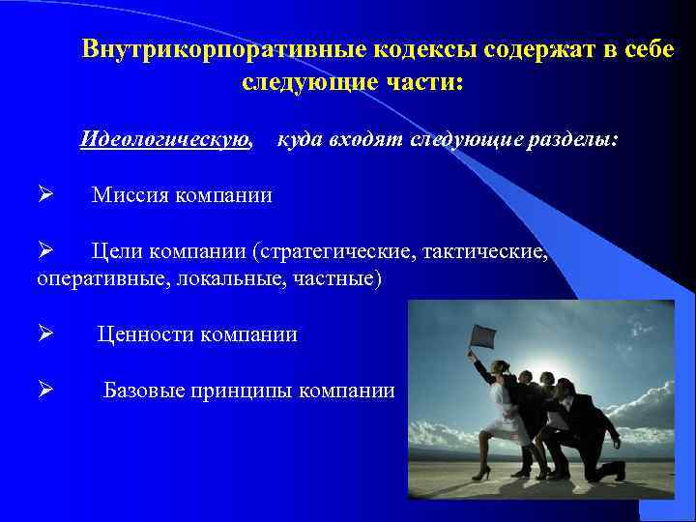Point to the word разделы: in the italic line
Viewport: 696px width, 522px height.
(x=571, y=140)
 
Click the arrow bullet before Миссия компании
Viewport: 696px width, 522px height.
(x=44, y=195)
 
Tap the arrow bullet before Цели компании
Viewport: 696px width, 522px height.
(x=44, y=252)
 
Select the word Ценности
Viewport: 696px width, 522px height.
(x=147, y=334)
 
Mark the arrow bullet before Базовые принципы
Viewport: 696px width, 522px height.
(x=44, y=391)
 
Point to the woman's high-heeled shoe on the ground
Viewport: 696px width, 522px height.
(x=486, y=473)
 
